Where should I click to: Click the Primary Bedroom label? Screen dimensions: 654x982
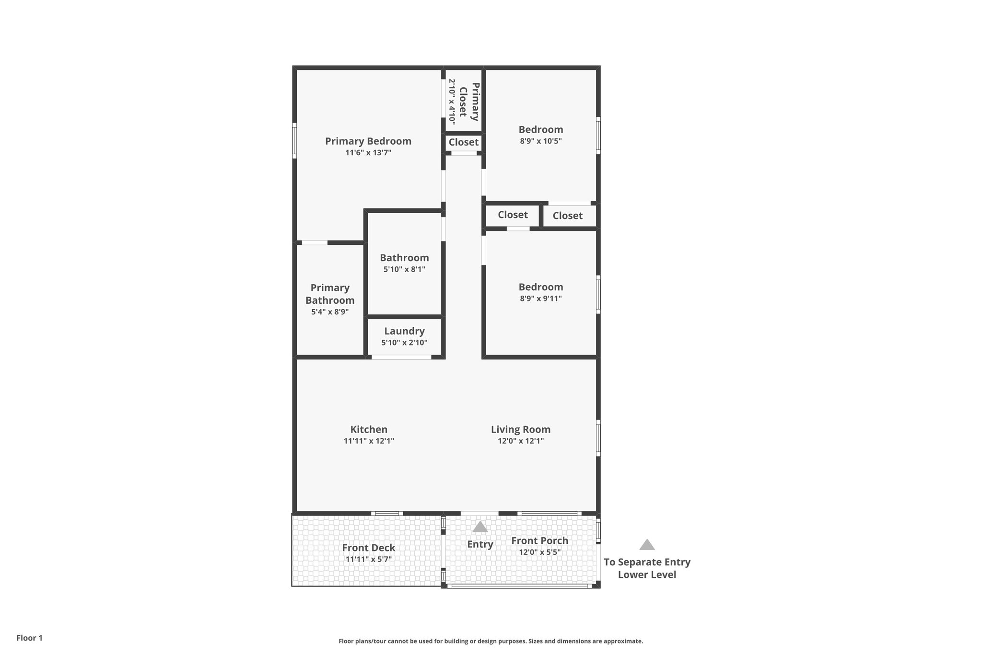pyautogui.click(x=368, y=141)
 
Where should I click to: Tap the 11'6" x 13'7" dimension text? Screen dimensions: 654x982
pyautogui.click(x=368, y=153)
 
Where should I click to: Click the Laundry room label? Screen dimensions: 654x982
pyautogui.click(x=404, y=331)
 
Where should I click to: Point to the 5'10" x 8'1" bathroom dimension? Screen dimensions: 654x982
pyautogui.click(x=404, y=269)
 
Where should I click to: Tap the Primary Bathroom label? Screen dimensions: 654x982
pyautogui.click(x=330, y=294)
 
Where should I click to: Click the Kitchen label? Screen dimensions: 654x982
pyautogui.click(x=369, y=429)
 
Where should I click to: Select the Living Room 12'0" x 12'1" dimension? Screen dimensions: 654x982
pyautogui.click(x=520, y=441)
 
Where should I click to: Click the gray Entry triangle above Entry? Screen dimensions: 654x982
pyautogui.click(x=480, y=528)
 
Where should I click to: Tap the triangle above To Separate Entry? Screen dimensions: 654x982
pyautogui.click(x=647, y=545)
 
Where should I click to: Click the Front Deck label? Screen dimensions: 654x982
pyautogui.click(x=368, y=548)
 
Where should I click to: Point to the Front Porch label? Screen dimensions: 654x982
pyautogui.click(x=539, y=540)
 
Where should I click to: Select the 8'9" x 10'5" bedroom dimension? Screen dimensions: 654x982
pyautogui.click(x=540, y=141)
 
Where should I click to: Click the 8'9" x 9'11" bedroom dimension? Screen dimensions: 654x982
pyautogui.click(x=540, y=298)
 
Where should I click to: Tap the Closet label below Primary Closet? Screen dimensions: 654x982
pyautogui.click(x=463, y=142)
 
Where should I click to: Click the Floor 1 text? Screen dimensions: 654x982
pyautogui.click(x=29, y=638)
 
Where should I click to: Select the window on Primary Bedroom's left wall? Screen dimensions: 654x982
pyautogui.click(x=294, y=140)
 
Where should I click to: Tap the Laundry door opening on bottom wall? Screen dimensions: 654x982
pyautogui.click(x=401, y=357)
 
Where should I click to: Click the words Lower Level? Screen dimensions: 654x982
pyautogui.click(x=647, y=574)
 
